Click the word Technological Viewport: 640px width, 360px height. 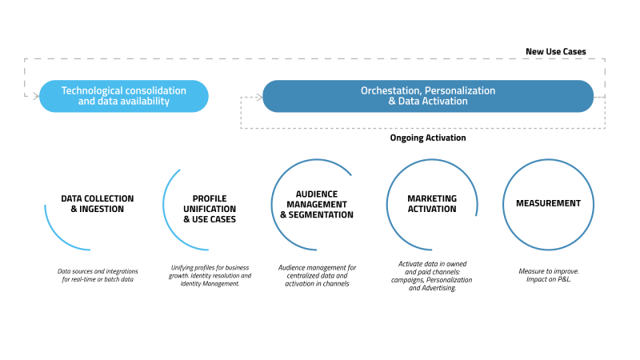click(x=93, y=91)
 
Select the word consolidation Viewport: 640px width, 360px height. click(x=156, y=91)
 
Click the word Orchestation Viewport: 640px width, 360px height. click(x=390, y=91)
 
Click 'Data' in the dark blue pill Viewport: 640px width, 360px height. click(x=410, y=102)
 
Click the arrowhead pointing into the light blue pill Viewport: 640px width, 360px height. click(x=35, y=96)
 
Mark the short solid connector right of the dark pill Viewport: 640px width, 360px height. click(x=600, y=97)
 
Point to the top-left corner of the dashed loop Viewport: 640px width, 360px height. click(x=26, y=58)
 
